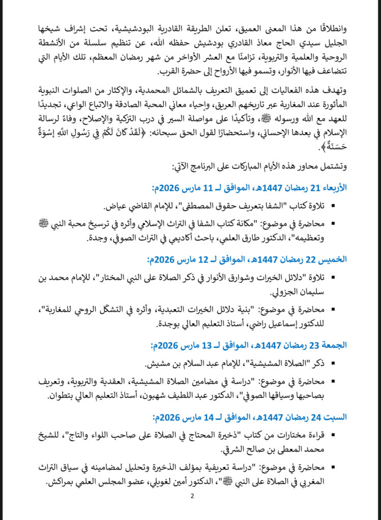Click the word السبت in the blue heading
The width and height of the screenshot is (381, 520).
[x=336, y=417]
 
